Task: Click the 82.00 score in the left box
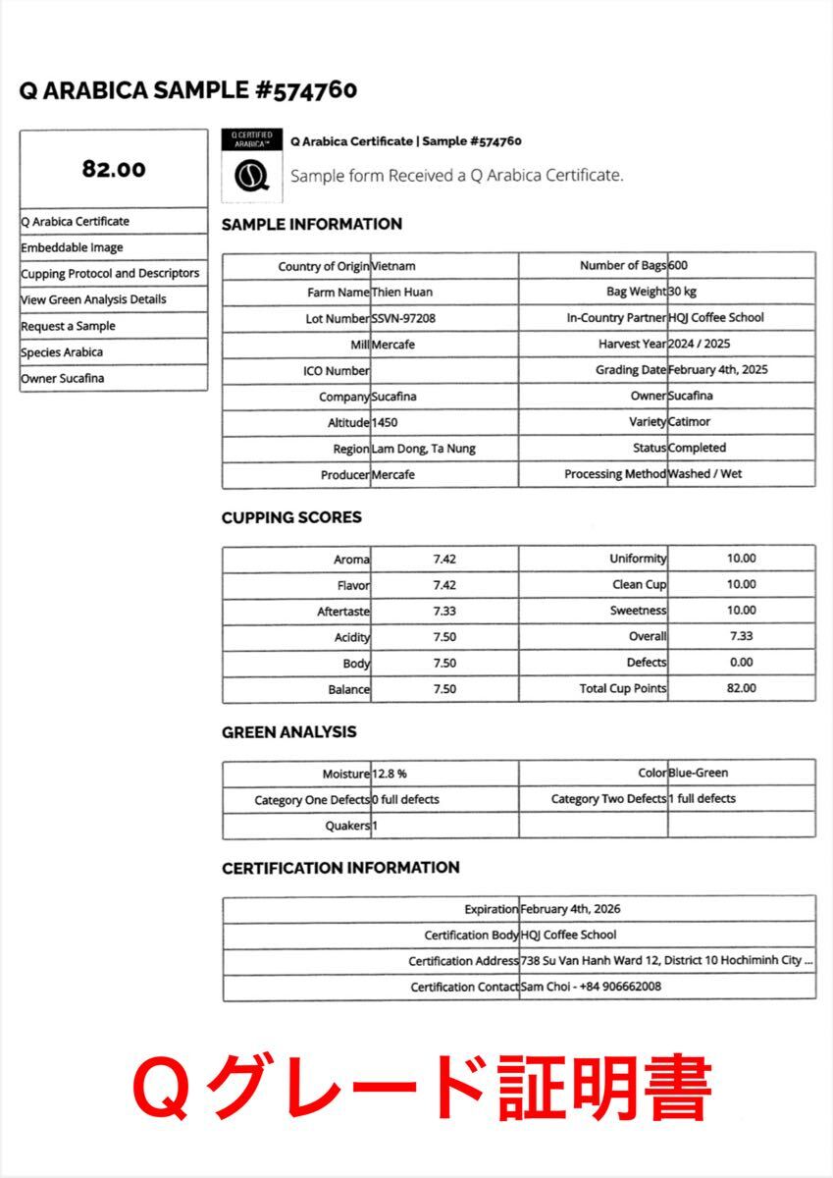coord(114,169)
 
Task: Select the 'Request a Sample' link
coord(68,326)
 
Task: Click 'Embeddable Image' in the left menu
coord(72,247)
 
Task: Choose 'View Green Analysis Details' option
coord(93,299)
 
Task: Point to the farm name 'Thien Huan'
coord(402,292)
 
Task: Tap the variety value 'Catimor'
coord(689,421)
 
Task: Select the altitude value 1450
coord(385,422)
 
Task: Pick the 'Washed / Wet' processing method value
coord(704,473)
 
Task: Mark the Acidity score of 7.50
coord(444,637)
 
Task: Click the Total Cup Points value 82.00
coord(741,688)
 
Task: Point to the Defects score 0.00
coord(741,663)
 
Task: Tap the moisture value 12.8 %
coord(390,774)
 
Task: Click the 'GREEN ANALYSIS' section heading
coord(288,732)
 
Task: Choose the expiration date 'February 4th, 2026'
coord(570,909)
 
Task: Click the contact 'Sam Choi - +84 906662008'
coord(591,987)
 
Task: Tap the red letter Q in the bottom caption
coord(161,1087)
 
